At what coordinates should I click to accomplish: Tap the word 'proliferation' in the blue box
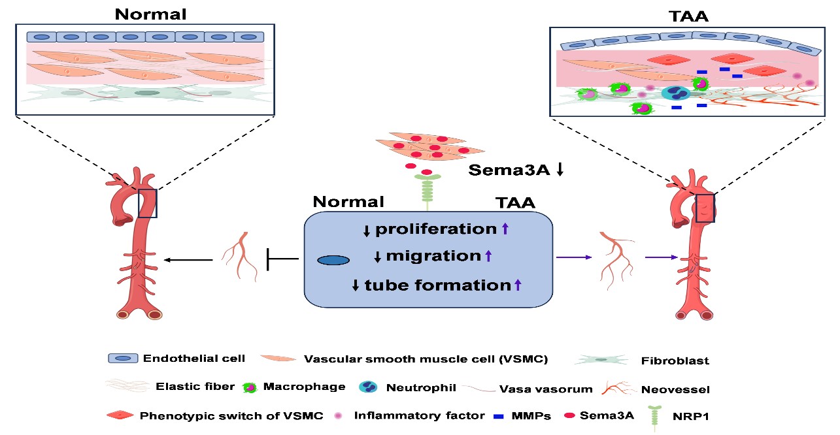pyautogui.click(x=436, y=229)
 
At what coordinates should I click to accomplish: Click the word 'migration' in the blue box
pyautogui.click(x=433, y=256)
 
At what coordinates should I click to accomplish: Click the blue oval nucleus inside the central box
pyautogui.click(x=333, y=261)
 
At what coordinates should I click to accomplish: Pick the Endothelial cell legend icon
pyautogui.click(x=123, y=358)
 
